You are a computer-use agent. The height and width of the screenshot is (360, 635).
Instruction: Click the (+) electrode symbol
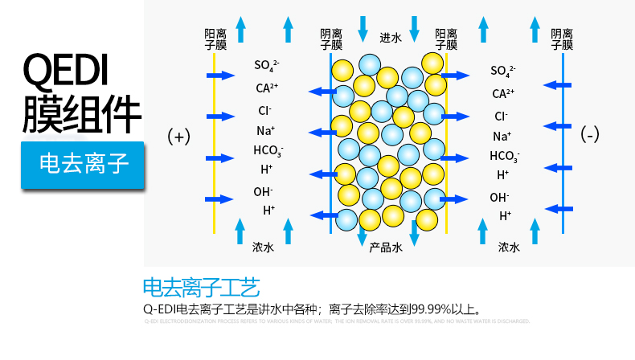[x=178, y=137]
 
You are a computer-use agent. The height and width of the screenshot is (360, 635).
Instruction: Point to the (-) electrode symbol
[x=590, y=135]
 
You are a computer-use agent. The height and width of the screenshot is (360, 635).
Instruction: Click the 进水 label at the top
[x=390, y=37]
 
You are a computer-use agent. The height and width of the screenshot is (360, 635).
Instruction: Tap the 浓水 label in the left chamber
[x=263, y=247]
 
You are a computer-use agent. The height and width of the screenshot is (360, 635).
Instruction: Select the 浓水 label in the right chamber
[x=509, y=247]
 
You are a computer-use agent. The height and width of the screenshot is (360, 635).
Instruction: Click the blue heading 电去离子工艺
[x=201, y=287]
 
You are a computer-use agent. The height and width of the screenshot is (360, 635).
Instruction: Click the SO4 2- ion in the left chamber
[x=267, y=66]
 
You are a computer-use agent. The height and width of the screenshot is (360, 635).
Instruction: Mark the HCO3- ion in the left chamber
[x=268, y=150]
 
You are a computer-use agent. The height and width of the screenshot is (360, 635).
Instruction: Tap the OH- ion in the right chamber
[x=500, y=197]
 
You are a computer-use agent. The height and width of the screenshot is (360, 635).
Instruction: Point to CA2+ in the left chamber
[x=267, y=88]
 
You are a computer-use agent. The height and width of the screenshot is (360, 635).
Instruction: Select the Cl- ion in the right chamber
[x=501, y=116]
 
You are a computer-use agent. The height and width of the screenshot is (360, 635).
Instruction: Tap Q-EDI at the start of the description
[x=158, y=308]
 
